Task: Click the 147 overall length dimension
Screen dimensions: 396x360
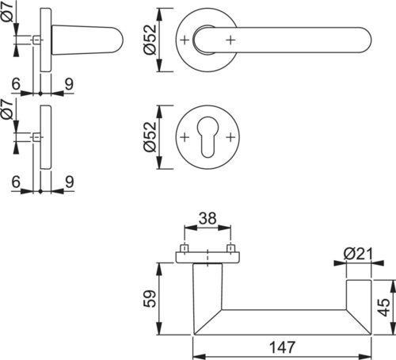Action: pos(282,347)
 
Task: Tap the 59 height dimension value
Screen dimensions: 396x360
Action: pos(150,299)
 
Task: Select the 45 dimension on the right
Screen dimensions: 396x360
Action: pos(383,308)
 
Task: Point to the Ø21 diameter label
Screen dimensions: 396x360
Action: pos(358,254)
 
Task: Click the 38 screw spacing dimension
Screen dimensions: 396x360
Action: pos(208,218)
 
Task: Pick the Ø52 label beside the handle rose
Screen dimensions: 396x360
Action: pos(150,40)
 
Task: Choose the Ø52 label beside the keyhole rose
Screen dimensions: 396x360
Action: pos(150,137)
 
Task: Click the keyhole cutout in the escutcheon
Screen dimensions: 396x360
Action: pos(208,137)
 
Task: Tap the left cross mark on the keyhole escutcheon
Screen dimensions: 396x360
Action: pos(185,137)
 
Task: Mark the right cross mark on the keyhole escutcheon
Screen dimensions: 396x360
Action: pos(230,137)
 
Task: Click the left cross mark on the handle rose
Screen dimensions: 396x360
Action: pos(185,40)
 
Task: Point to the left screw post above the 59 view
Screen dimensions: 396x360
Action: pos(185,248)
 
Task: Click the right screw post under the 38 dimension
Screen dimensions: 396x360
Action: pos(231,248)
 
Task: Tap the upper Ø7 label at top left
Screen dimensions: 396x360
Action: pos(7,11)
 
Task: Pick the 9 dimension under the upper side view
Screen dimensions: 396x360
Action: pos(69,84)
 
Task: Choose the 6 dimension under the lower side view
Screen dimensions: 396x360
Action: pos(16,182)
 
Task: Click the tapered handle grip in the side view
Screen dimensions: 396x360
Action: pos(87,40)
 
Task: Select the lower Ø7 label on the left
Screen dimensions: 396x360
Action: pos(7,109)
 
